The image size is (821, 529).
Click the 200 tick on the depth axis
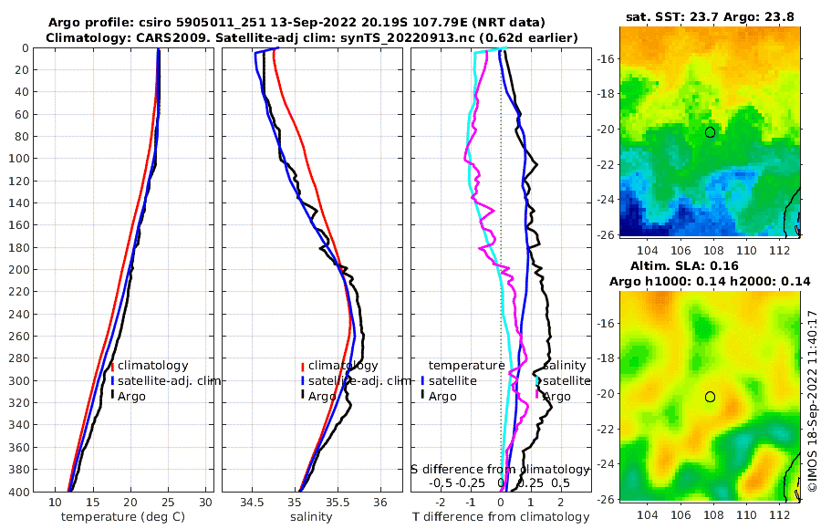coord(18,270)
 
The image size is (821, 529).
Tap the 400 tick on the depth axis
coord(18,492)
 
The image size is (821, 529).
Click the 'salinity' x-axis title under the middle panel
coord(311,517)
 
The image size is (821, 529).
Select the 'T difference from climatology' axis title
coord(503,517)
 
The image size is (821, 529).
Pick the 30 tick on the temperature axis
coord(206,503)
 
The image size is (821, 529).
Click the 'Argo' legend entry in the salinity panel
coord(322,396)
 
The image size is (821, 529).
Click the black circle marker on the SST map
coord(710,132)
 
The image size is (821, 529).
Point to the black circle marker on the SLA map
coord(710,397)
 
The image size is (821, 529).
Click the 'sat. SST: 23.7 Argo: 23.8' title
coord(710,16)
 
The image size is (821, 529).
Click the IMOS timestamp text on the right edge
coord(811,401)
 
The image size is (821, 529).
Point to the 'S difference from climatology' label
coord(501,469)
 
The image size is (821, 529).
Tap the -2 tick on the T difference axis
coord(442,503)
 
